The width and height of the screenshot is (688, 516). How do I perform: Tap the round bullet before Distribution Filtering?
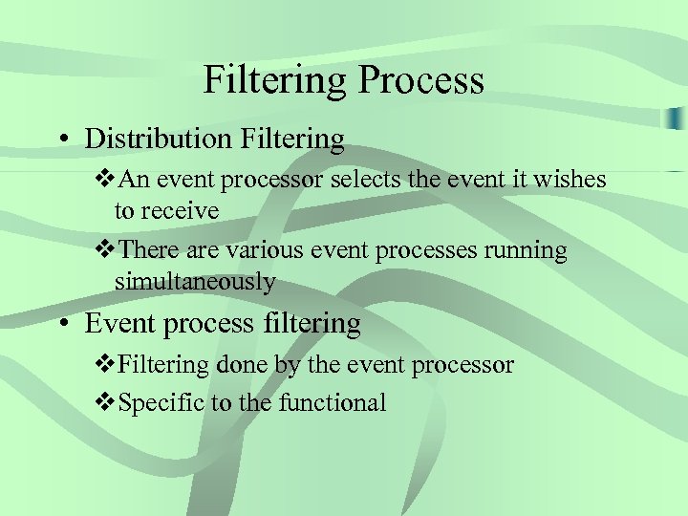tap(60, 140)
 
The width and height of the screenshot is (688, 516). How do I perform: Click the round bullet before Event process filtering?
tap(60, 324)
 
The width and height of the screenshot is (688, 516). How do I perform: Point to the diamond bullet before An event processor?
tap(105, 179)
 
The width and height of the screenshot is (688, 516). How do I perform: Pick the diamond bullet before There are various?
tap(105, 250)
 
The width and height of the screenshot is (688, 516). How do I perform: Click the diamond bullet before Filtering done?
tap(105, 364)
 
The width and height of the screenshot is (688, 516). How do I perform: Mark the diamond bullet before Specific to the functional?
tap(105, 402)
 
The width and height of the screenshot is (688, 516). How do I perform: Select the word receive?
tap(181, 210)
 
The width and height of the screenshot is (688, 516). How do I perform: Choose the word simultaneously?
tap(195, 282)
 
